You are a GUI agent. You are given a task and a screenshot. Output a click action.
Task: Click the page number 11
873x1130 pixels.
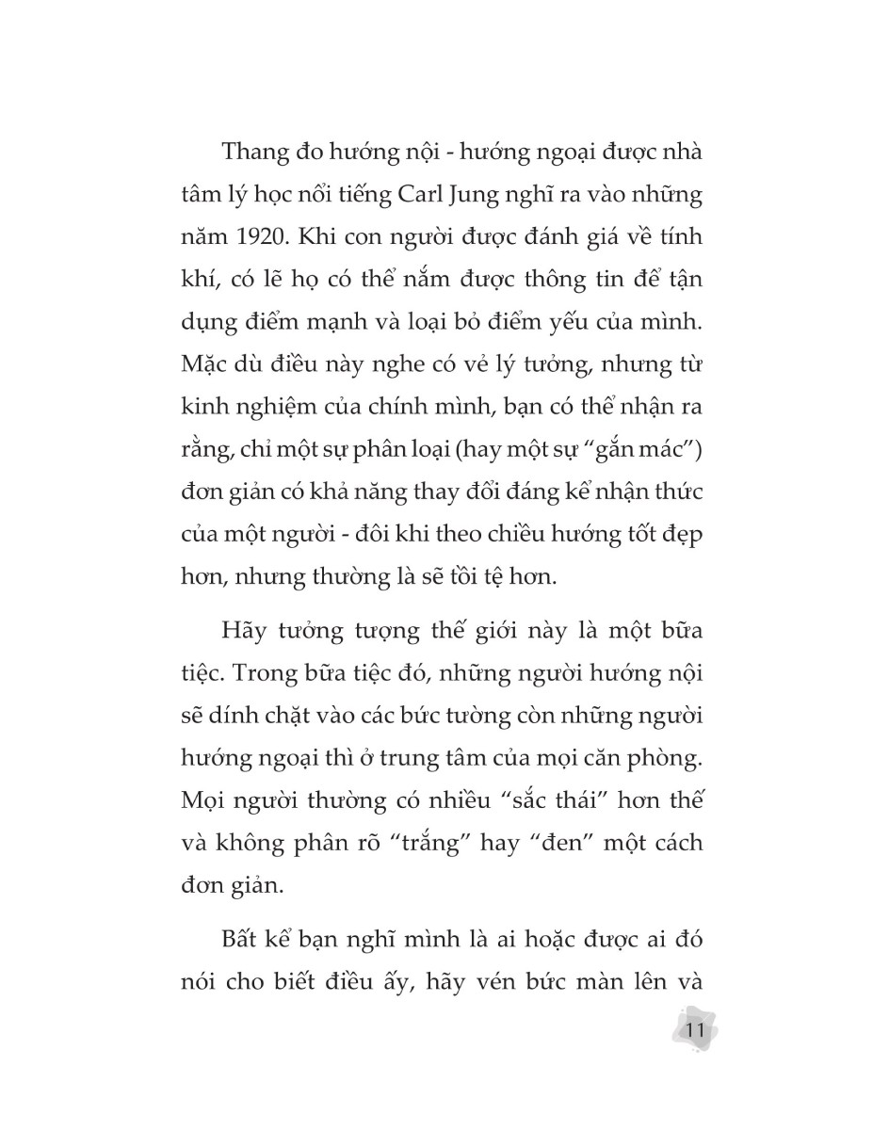coord(696,1029)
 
